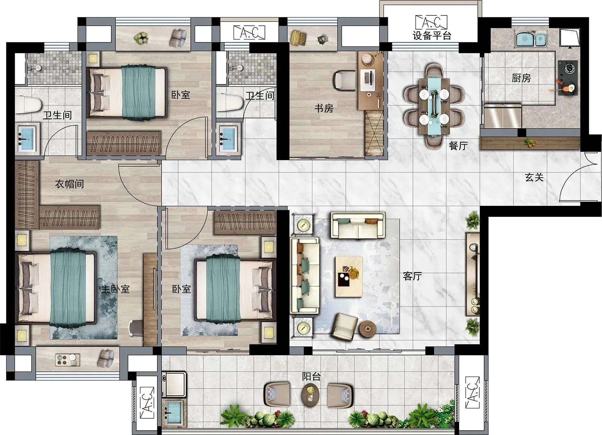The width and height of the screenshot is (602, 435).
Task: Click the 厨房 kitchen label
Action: tap(521, 78)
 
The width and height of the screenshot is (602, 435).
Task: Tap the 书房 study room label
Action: tap(324, 108)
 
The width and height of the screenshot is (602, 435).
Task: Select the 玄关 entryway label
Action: tap(534, 177)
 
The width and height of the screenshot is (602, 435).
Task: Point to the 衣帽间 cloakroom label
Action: tap(69, 184)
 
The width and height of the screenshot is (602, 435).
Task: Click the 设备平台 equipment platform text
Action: tap(432, 35)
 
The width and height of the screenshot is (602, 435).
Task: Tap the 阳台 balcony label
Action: tap(311, 376)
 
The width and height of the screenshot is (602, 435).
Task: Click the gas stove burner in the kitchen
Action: tap(568, 69)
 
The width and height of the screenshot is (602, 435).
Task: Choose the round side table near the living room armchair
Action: tap(368, 329)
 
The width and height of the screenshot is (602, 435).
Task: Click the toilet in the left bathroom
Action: tap(28, 105)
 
